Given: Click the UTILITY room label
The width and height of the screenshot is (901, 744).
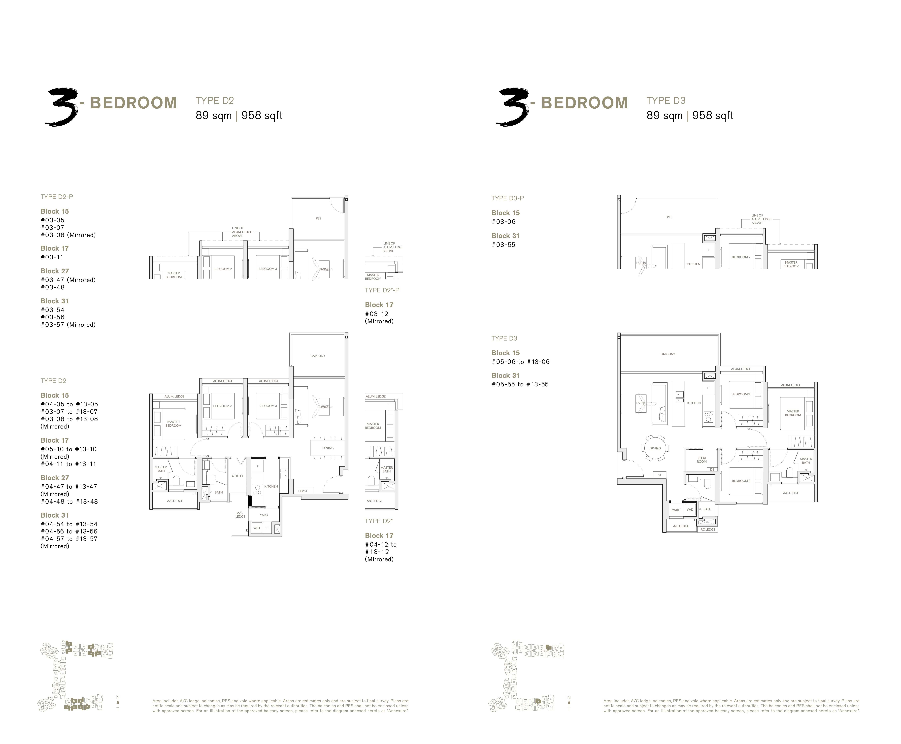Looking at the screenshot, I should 237,476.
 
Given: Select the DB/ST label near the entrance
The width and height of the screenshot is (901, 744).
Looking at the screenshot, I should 303,491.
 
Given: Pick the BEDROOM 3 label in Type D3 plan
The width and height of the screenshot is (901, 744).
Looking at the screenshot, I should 741,480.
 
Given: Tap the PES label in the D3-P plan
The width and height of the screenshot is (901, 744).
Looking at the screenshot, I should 669,217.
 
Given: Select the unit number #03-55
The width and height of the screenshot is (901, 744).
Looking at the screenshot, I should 503,245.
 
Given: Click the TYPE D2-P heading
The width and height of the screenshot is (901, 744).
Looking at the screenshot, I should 57,197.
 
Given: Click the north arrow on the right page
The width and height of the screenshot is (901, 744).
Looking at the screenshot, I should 569,703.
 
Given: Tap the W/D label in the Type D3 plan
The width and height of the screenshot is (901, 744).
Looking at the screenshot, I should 690,510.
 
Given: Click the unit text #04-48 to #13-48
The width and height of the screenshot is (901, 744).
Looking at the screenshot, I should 69,501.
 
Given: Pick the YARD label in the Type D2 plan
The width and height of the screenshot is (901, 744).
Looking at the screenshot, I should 264,515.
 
